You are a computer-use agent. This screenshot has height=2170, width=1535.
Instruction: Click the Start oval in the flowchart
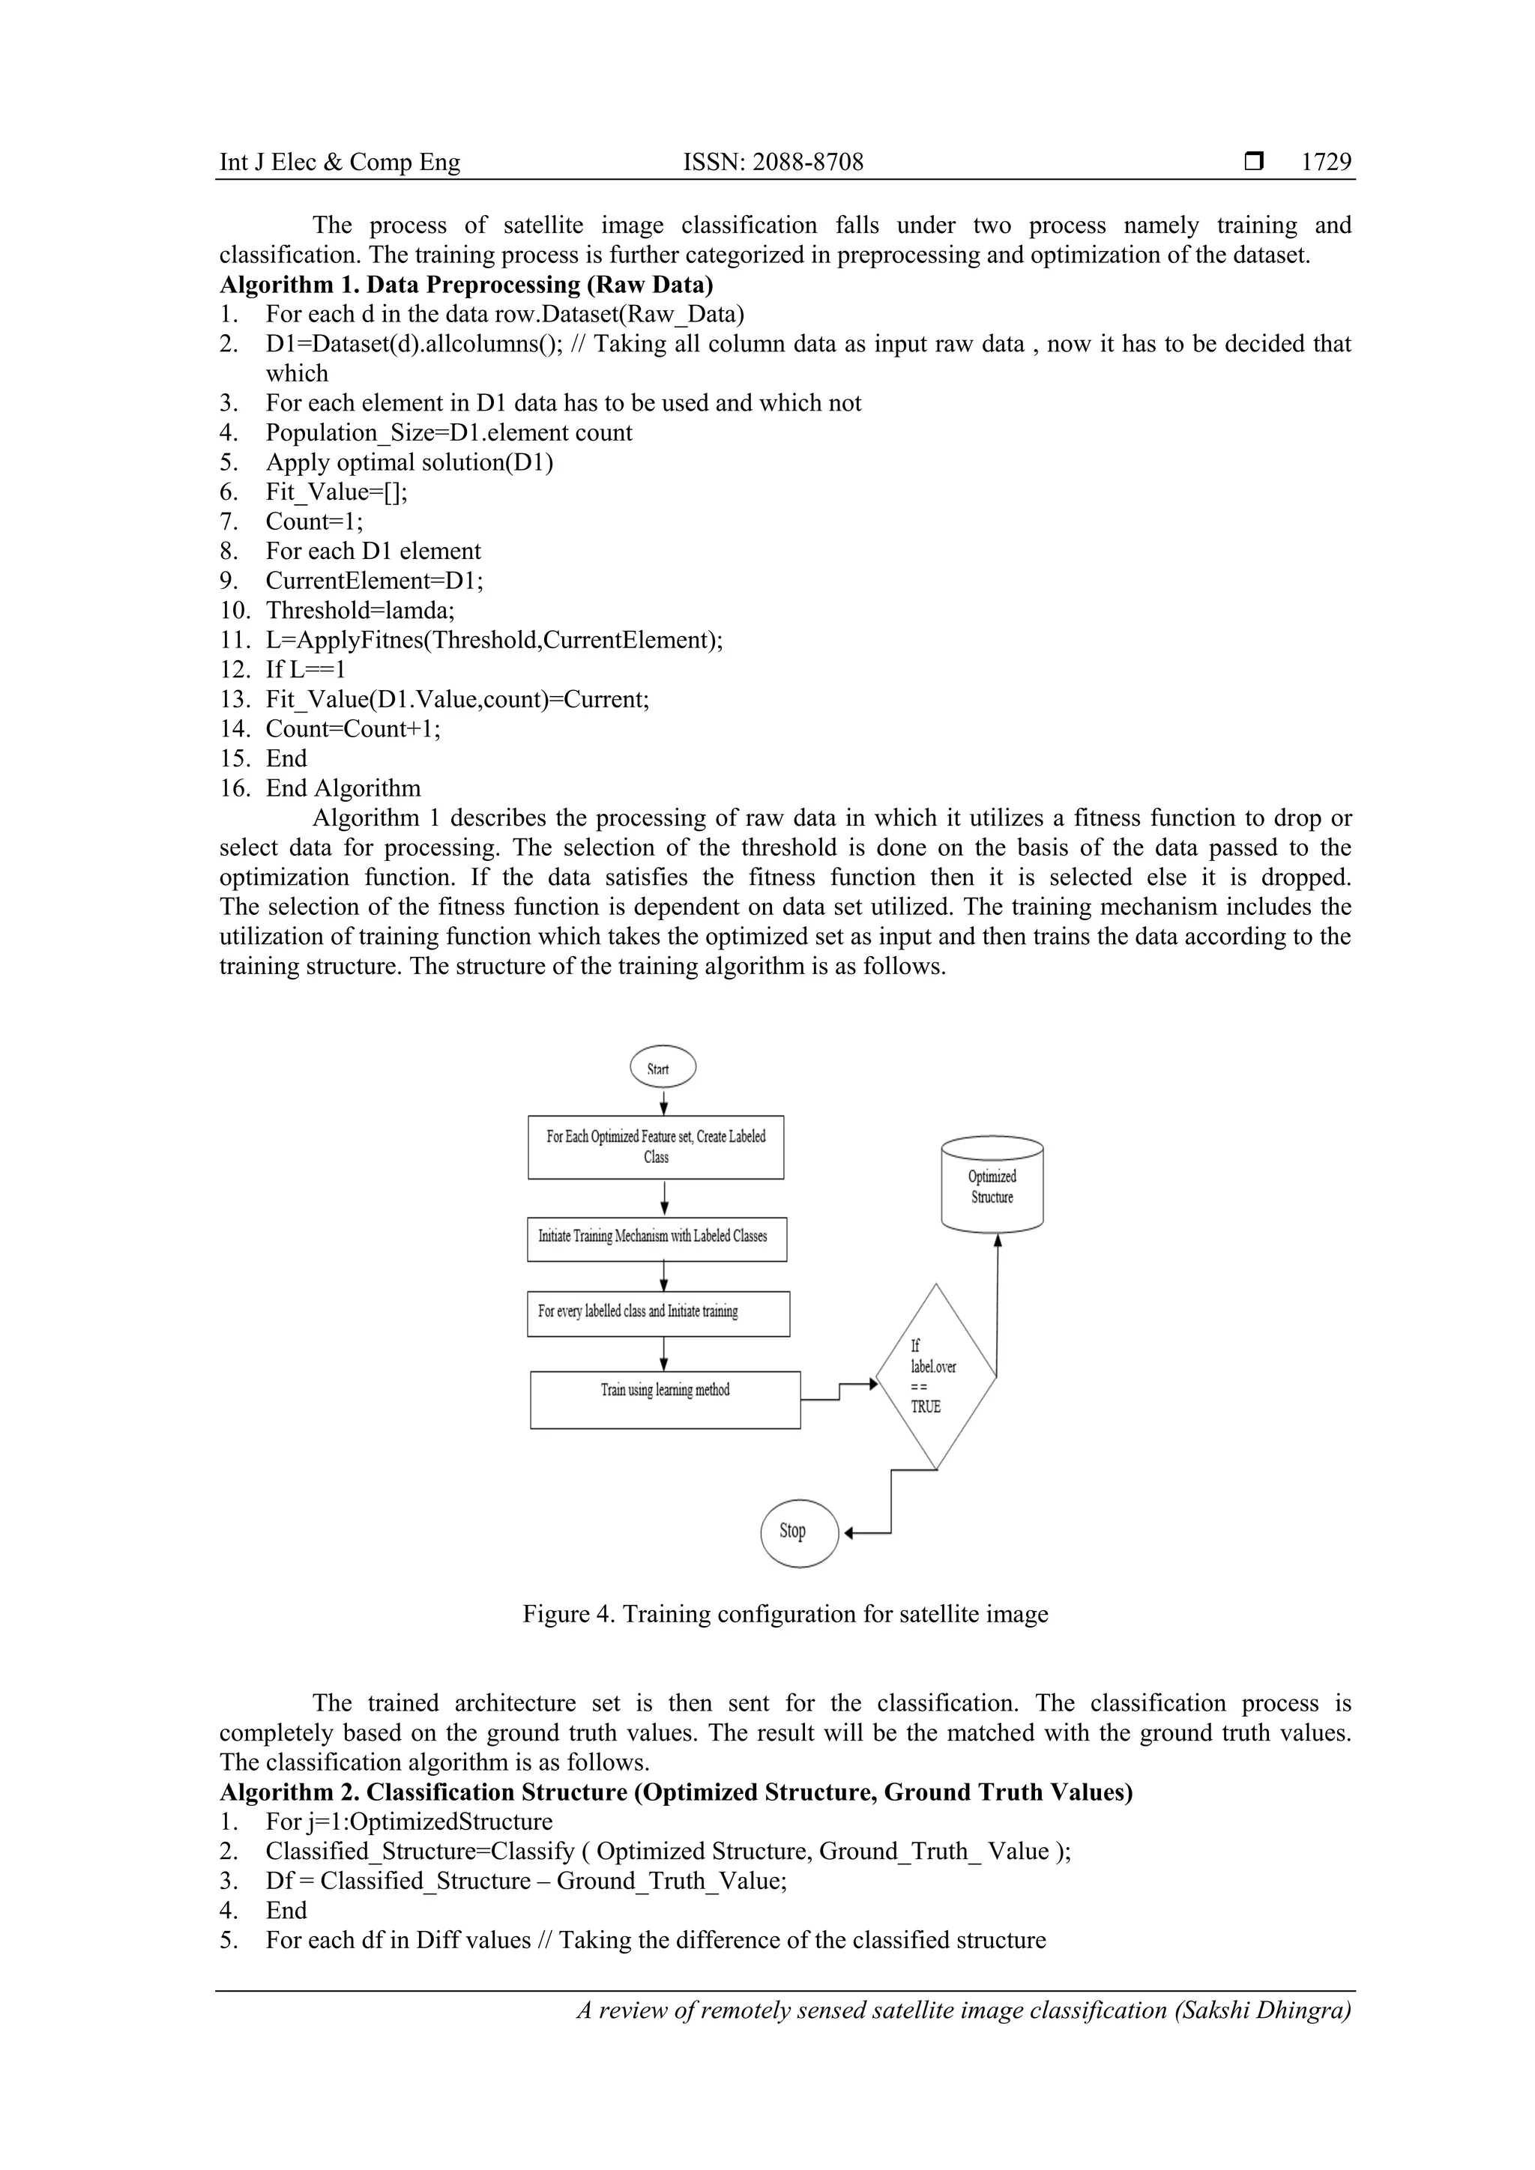pyautogui.click(x=663, y=1068)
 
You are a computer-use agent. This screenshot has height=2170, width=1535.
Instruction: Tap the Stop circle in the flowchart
pyautogui.click(x=799, y=1532)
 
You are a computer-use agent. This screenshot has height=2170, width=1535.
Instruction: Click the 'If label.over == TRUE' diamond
pyautogui.click(x=935, y=1377)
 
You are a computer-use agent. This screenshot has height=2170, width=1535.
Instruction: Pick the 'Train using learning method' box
pyautogui.click(x=665, y=1400)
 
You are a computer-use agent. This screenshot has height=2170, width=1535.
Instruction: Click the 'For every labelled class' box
pyautogui.click(x=658, y=1313)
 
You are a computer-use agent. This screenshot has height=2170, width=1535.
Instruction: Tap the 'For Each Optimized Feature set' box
pyautogui.click(x=655, y=1146)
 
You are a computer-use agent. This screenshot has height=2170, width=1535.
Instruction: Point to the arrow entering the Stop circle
pyautogui.click(x=865, y=1533)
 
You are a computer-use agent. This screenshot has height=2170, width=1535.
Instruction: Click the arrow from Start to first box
pyautogui.click(x=665, y=1102)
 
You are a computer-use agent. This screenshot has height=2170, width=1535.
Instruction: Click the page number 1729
pyautogui.click(x=1325, y=163)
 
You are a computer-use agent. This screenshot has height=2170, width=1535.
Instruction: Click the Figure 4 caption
pyautogui.click(x=785, y=1614)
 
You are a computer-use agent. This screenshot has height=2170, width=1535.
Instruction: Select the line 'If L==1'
pyautogui.click(x=305, y=670)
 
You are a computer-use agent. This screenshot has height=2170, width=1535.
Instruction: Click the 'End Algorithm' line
pyautogui.click(x=343, y=788)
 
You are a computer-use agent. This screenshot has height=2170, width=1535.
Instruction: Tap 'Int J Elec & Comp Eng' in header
pyautogui.click(x=340, y=163)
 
